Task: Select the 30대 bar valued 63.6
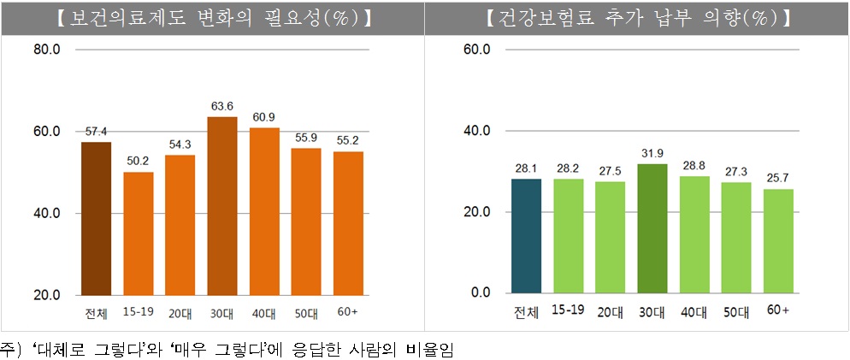(x=222, y=205)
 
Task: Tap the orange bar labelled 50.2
(x=139, y=233)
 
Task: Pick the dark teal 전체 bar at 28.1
(x=526, y=235)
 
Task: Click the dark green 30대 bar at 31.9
(x=652, y=227)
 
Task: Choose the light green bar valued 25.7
(x=778, y=240)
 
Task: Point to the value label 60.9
(x=263, y=116)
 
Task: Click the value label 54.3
(x=180, y=144)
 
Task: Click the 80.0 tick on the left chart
(x=45, y=50)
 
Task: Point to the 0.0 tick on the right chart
(x=480, y=293)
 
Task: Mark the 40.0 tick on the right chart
(x=476, y=131)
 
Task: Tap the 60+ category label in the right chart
(x=778, y=309)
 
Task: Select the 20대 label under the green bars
(x=611, y=311)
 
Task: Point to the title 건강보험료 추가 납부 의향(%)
(x=637, y=16)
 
